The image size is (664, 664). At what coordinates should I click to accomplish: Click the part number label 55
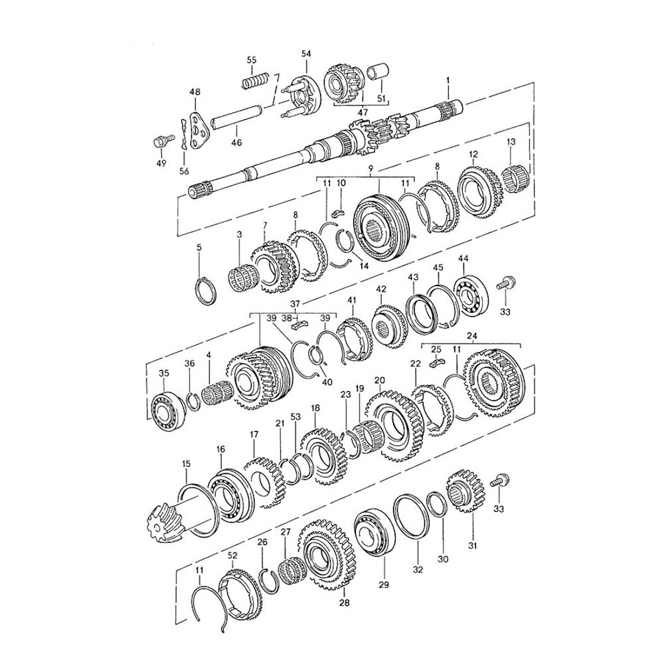click(x=252, y=60)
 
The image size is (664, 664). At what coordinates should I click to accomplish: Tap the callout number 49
click(x=161, y=163)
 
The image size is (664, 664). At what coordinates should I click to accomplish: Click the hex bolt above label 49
click(x=163, y=141)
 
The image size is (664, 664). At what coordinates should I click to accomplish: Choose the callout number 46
click(x=237, y=143)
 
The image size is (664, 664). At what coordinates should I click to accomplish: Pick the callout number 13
click(x=511, y=142)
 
